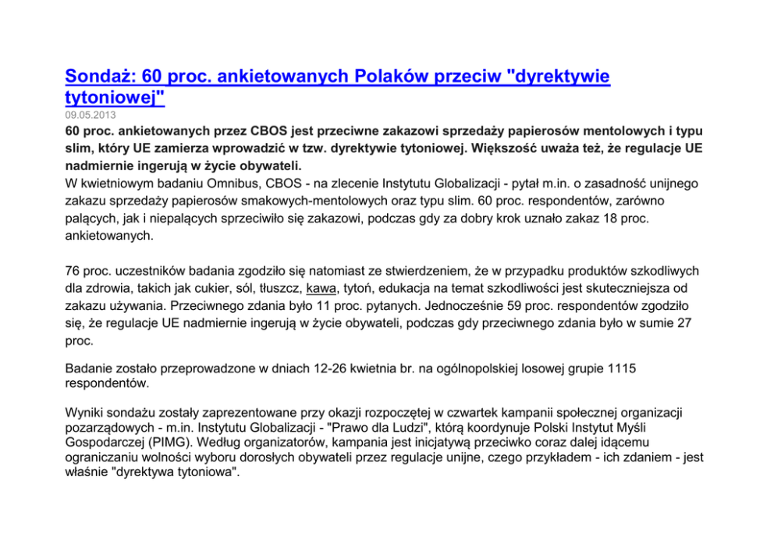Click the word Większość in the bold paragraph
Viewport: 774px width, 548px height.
pos(517,148)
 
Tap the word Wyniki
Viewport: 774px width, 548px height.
pos(83,411)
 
